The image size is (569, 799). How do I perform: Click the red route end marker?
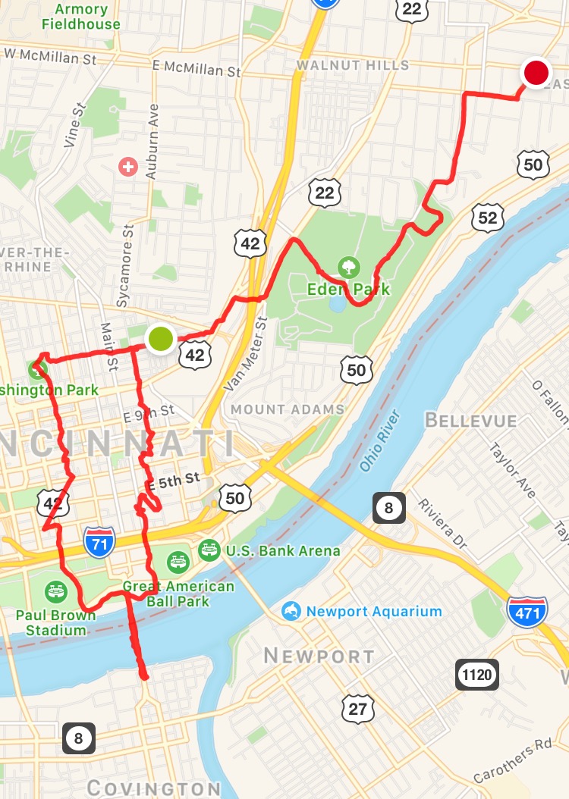(x=536, y=74)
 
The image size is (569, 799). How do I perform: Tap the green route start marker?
(x=160, y=338)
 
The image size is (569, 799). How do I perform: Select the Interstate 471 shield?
(x=527, y=611)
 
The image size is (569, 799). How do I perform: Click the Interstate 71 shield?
(x=100, y=543)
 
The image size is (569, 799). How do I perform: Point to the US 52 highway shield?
(x=487, y=218)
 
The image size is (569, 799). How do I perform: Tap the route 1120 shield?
(x=476, y=674)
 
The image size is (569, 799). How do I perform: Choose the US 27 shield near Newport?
(x=357, y=708)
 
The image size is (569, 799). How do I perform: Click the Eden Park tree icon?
(x=349, y=266)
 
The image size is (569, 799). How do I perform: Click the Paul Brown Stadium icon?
(x=55, y=591)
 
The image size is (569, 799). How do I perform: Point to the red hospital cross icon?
(x=128, y=166)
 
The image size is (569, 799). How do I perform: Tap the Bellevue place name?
(x=471, y=421)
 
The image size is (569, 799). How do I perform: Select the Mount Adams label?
(x=287, y=409)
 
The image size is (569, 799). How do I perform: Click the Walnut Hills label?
(x=353, y=65)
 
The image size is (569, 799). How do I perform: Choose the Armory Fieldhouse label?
(x=80, y=17)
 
